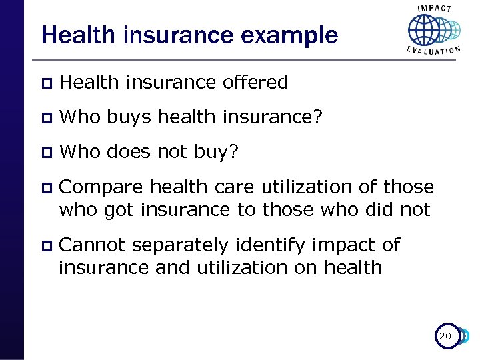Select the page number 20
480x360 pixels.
[445, 337]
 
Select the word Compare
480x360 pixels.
[101, 187]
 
